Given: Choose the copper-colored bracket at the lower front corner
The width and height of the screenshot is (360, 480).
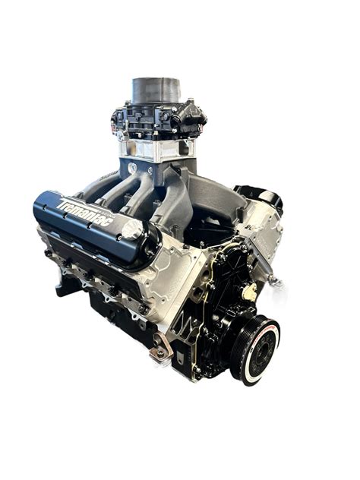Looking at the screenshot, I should (x=159, y=351).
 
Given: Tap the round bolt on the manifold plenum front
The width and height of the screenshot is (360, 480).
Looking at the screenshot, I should (x=132, y=169).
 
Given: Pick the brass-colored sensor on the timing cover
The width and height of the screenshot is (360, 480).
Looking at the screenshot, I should (x=248, y=290).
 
